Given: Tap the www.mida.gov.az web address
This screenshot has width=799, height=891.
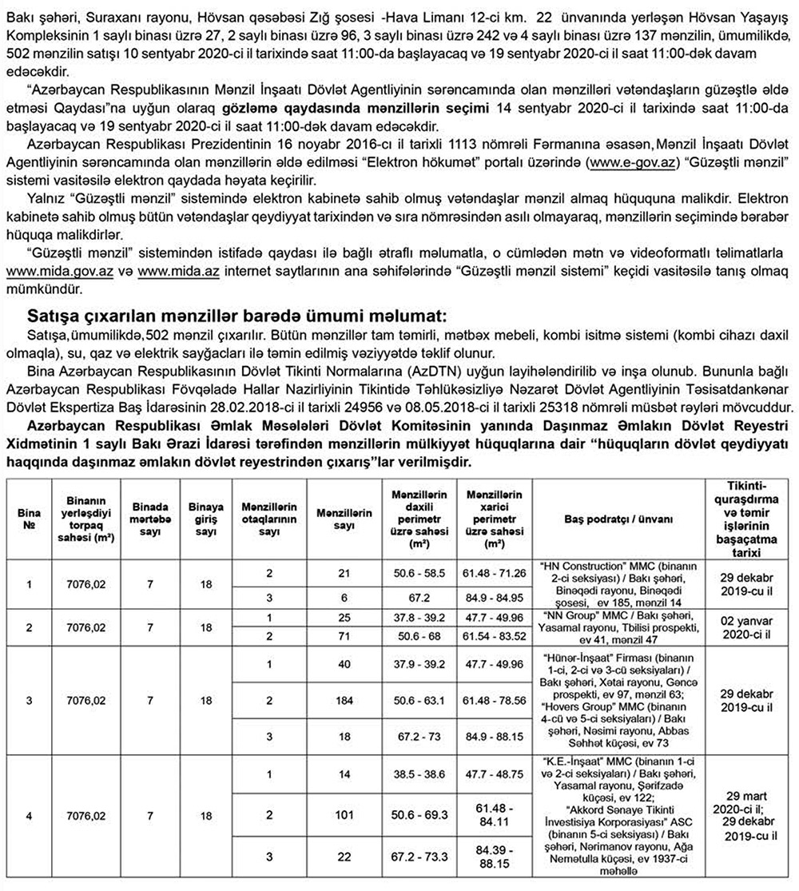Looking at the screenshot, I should pyautogui.click(x=58, y=272).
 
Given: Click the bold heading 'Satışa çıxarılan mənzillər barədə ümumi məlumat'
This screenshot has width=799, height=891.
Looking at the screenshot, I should pyautogui.click(x=237, y=313).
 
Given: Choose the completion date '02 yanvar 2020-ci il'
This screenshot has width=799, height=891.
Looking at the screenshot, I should pyautogui.click(x=749, y=627).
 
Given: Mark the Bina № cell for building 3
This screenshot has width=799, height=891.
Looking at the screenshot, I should pyautogui.click(x=30, y=702).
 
